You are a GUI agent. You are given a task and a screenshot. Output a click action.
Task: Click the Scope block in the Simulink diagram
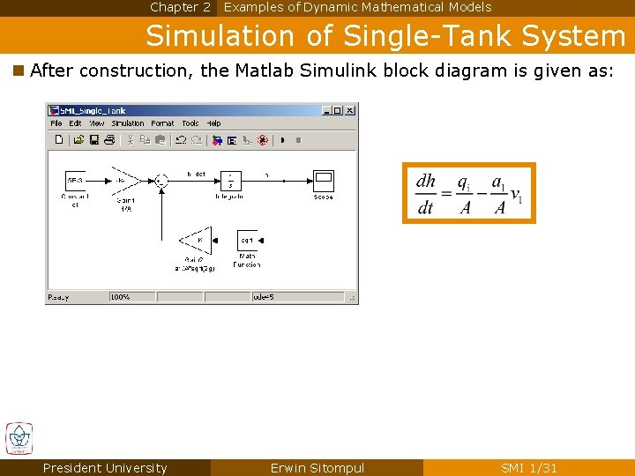[323, 181]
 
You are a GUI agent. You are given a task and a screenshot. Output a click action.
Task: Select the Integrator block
[231, 181]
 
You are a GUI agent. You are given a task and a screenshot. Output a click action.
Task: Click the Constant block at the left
[75, 181]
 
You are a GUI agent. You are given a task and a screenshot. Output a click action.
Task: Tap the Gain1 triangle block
[123, 181]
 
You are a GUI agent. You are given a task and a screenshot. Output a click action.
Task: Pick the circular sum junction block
[161, 181]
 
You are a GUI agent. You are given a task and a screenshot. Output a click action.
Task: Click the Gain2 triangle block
[197, 240]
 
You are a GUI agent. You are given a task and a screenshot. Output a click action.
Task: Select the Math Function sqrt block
[247, 240]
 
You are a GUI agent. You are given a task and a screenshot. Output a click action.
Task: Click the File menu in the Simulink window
[56, 123]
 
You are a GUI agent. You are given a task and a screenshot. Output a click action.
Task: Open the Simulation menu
[127, 123]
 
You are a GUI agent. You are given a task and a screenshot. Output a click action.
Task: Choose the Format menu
[162, 123]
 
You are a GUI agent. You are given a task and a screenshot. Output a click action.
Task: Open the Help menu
[213, 123]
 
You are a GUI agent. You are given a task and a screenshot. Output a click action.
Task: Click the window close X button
[349, 110]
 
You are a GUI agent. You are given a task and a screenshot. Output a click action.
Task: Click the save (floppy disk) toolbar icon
[93, 139]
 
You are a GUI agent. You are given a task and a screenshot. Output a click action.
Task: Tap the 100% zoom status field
[121, 297]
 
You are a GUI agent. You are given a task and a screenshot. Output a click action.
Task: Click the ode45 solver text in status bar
[265, 297]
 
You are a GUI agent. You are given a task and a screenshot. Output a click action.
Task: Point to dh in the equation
[426, 182]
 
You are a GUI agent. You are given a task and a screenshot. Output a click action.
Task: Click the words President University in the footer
[105, 468]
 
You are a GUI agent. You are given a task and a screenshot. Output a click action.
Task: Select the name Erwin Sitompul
[317, 468]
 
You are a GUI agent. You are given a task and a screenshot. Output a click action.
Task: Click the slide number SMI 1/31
[529, 468]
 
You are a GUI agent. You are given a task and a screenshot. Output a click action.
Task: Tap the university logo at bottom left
[19, 438]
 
